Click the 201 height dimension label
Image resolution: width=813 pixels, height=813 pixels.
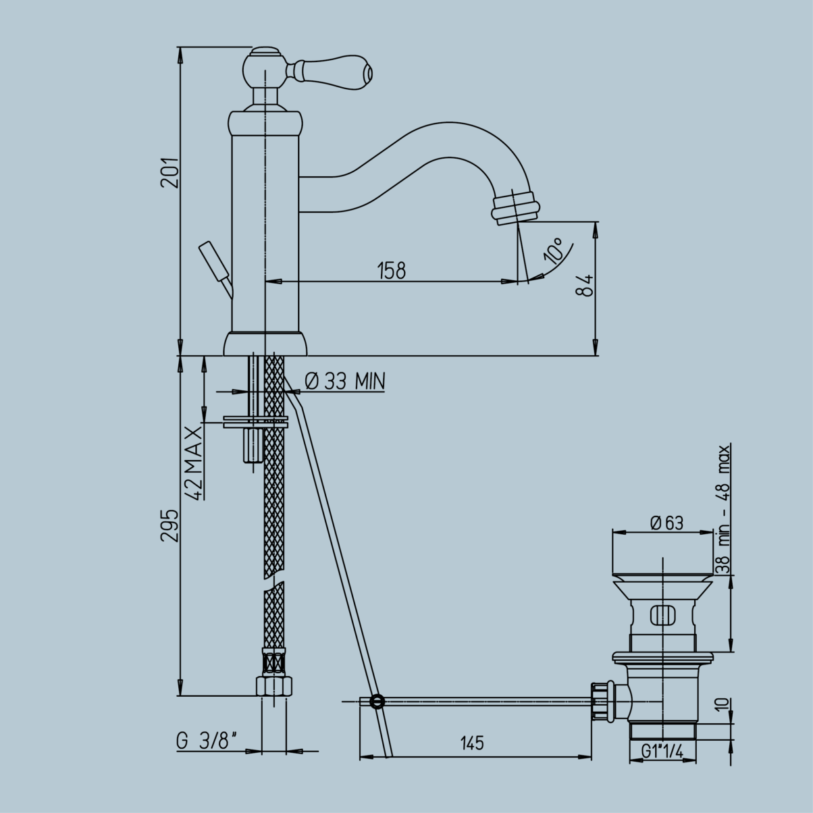(169, 173)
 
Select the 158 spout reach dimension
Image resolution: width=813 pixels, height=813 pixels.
(392, 270)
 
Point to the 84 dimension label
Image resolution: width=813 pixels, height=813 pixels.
(585, 285)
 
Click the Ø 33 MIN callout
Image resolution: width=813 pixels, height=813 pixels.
(344, 382)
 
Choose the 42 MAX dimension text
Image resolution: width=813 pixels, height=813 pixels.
(194, 463)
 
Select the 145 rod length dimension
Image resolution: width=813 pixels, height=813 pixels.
(472, 743)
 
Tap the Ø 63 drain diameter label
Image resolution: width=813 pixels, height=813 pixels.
(666, 523)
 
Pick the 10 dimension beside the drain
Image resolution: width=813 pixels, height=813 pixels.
(723, 706)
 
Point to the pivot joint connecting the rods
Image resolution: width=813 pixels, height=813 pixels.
(377, 702)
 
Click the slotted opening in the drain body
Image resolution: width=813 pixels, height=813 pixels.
(662, 616)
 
